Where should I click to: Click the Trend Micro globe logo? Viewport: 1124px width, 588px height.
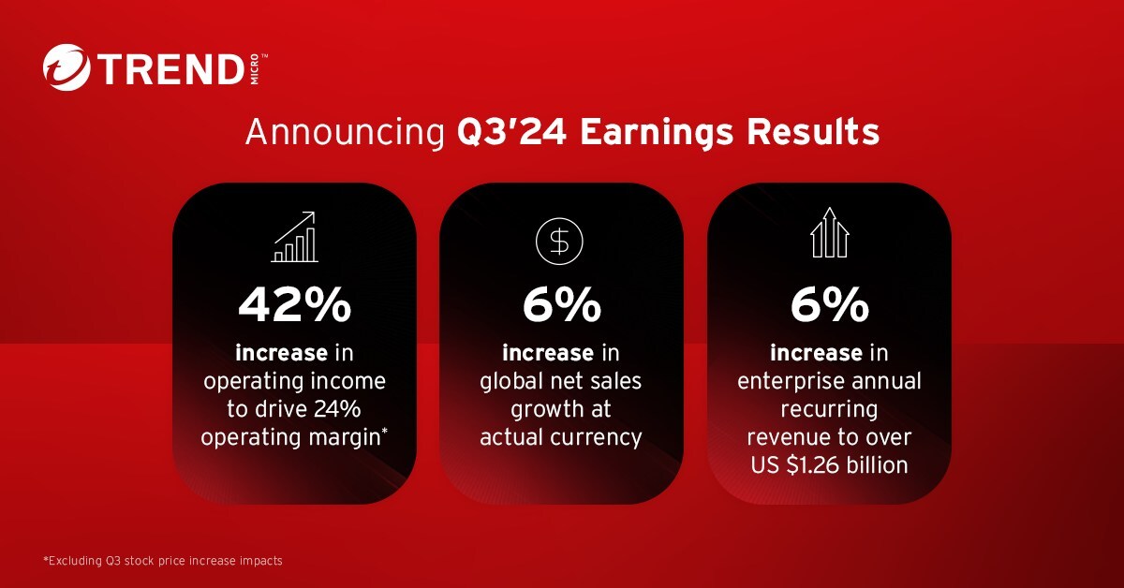[x=67, y=67]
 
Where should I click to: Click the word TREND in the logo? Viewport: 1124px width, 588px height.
[x=170, y=69]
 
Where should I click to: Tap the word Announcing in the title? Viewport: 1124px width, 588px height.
[x=346, y=133]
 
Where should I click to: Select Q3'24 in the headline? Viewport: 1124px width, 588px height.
[x=511, y=132]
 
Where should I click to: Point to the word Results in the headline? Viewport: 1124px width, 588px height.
[x=813, y=132]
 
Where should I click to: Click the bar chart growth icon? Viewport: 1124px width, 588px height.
[x=294, y=237]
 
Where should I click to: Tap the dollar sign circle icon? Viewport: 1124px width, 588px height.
[x=559, y=242]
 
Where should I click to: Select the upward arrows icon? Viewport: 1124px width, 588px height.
[x=830, y=232]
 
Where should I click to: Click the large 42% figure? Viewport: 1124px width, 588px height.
[x=294, y=304]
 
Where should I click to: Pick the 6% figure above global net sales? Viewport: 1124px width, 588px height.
[x=561, y=304]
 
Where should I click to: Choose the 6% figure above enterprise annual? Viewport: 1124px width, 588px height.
[x=830, y=304]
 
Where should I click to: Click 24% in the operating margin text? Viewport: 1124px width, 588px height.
[x=337, y=409]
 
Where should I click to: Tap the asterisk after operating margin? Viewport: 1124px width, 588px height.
[x=384, y=432]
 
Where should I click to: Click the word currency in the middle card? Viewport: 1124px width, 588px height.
[x=596, y=438]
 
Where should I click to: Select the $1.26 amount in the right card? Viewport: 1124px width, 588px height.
[x=812, y=465]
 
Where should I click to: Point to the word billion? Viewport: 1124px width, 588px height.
[x=878, y=464]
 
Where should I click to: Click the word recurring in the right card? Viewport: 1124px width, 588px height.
[x=829, y=410]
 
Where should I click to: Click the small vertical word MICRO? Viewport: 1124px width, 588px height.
[x=255, y=69]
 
